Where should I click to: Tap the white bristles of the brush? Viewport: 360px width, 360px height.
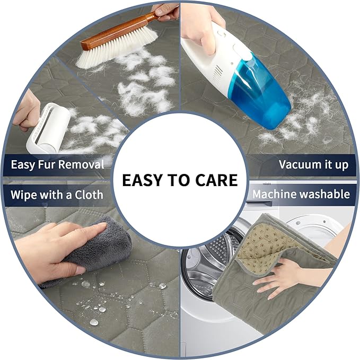[117, 48]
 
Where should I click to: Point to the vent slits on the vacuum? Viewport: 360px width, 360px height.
[218, 74]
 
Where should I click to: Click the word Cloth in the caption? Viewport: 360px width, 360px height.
[89, 195]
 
